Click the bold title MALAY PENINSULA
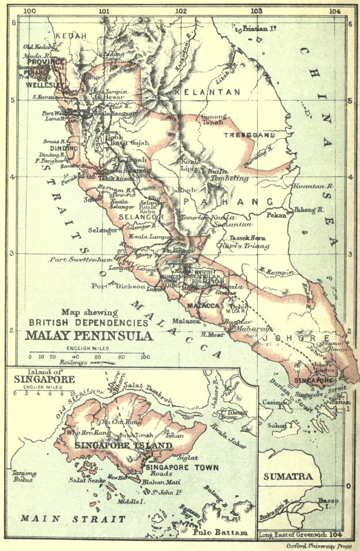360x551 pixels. click(89, 335)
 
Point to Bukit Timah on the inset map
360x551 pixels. click(132, 434)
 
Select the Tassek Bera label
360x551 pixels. click(246, 238)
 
